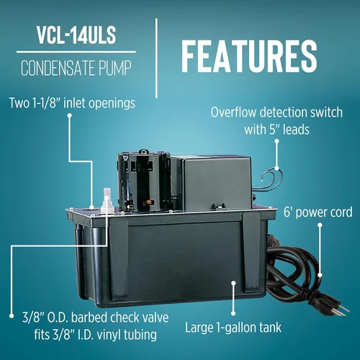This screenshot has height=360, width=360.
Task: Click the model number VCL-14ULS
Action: click(x=76, y=35)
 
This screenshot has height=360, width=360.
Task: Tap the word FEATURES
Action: click(x=249, y=56)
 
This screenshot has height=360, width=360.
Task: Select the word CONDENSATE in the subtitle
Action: click(x=57, y=68)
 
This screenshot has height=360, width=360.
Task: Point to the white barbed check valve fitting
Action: click(x=107, y=200)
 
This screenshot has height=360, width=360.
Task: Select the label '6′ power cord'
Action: click(x=318, y=212)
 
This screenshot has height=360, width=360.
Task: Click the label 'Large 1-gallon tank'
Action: click(x=233, y=328)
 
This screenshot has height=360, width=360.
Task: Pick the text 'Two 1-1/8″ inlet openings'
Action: click(x=72, y=103)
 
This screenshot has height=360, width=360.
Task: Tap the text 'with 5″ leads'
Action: click(x=276, y=130)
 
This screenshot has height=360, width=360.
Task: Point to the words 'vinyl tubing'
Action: click(x=127, y=335)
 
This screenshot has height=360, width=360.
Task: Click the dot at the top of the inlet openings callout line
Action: click(x=70, y=115)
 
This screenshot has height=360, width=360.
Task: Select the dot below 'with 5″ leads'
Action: click(x=276, y=141)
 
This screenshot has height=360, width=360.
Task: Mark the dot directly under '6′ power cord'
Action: click(x=320, y=225)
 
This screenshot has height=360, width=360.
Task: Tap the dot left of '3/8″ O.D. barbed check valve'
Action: click(x=12, y=316)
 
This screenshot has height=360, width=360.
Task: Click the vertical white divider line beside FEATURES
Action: click(x=156, y=58)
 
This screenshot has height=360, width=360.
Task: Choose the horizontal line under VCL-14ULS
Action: click(x=76, y=52)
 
